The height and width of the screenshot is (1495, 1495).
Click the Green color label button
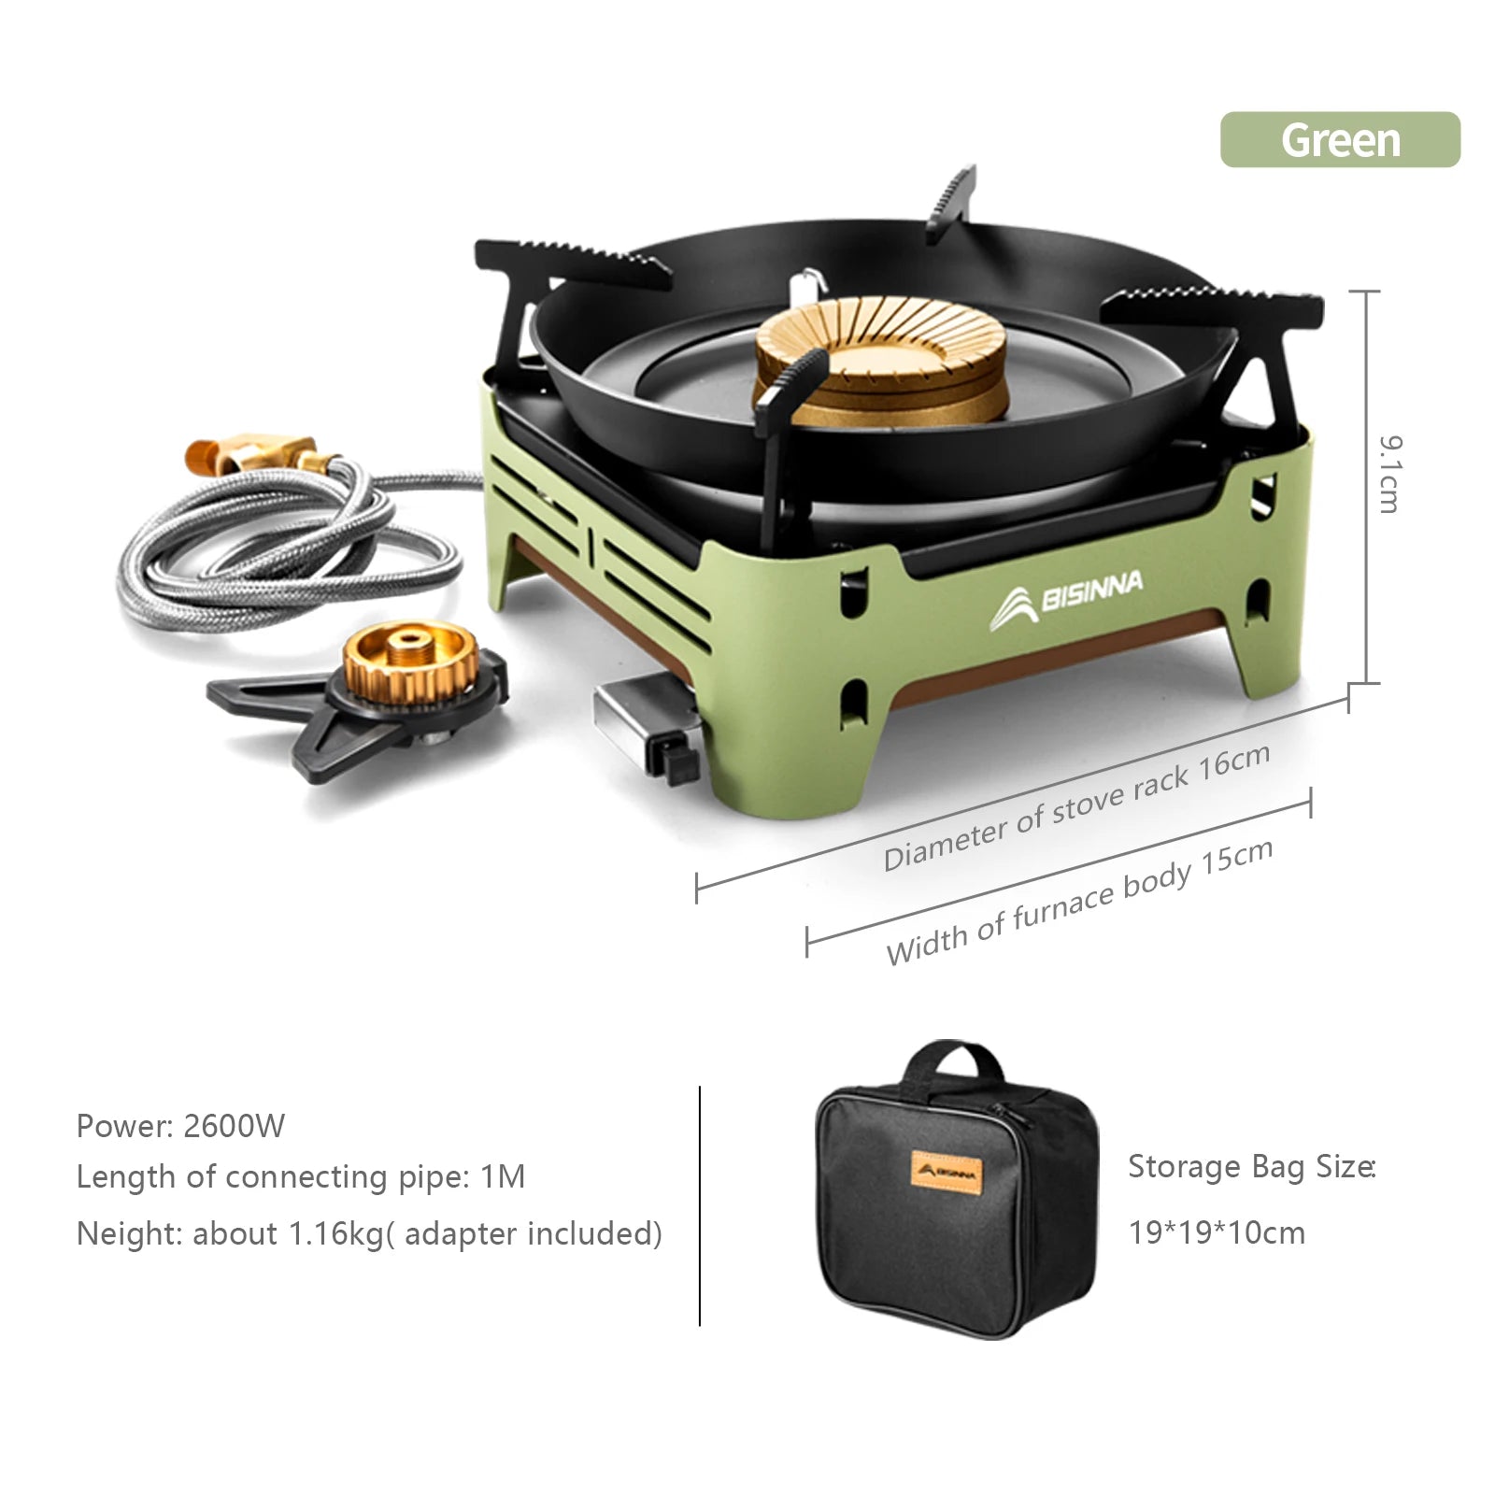(x=1340, y=140)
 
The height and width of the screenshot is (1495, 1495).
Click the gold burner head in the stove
(x=880, y=359)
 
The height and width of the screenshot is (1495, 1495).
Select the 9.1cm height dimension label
(x=1389, y=474)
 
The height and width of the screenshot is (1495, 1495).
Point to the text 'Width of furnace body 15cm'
(x=1079, y=902)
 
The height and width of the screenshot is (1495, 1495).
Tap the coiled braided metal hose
(x=290, y=547)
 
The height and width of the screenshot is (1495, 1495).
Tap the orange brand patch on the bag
(x=947, y=1172)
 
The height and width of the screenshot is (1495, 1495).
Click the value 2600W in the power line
(x=235, y=1126)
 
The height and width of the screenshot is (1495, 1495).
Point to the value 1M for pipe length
(x=503, y=1176)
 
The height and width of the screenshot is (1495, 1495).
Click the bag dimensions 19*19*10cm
(x=1217, y=1232)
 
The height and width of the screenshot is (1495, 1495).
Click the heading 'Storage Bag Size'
(x=1251, y=1167)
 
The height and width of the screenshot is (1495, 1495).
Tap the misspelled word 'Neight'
(x=129, y=1234)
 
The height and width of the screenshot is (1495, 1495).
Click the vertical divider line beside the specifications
(x=700, y=1205)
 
